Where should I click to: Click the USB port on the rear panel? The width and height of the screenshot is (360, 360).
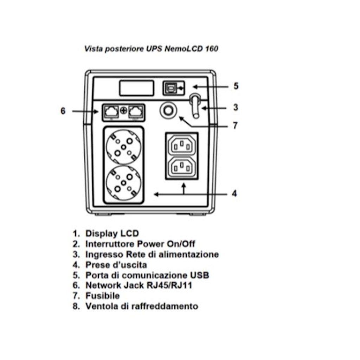pyautogui.click(x=171, y=88)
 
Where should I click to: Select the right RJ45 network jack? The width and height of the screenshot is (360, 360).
pyautogui.click(x=136, y=111)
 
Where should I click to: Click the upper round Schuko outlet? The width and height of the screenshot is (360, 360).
pyautogui.click(x=123, y=147)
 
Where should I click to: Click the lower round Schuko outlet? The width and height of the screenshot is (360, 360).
pyautogui.click(x=123, y=183)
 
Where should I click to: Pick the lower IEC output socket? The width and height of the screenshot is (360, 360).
pyautogui.click(x=182, y=166)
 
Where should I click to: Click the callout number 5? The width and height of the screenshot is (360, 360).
pyautogui.click(x=236, y=86)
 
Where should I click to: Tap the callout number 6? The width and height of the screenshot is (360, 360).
pyautogui.click(x=63, y=111)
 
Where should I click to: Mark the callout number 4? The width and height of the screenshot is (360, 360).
pyautogui.click(x=234, y=194)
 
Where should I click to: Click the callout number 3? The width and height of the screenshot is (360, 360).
pyautogui.click(x=236, y=107)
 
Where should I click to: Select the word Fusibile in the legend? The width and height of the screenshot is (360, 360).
pyautogui.click(x=102, y=296)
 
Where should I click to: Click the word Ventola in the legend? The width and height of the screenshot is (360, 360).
pyautogui.click(x=101, y=306)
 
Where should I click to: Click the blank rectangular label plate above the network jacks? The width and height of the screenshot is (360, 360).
pyautogui.click(x=136, y=88)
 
